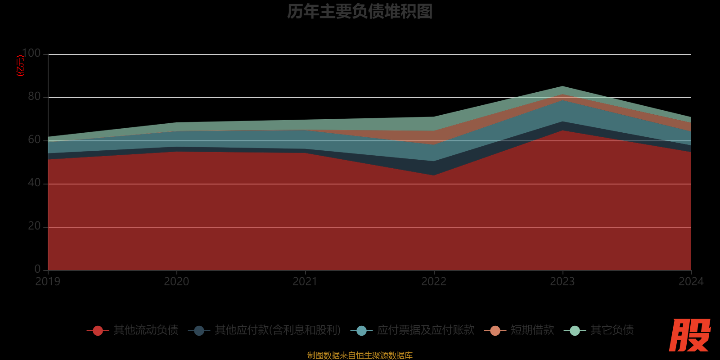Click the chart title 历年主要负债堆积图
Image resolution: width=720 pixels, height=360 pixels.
[x=360, y=12]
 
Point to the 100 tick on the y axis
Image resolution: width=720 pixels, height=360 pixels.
[x=31, y=54]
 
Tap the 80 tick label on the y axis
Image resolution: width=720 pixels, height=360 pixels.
[x=34, y=97]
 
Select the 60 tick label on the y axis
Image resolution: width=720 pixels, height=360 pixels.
[x=34, y=140]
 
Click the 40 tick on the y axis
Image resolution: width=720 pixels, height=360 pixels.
[x=34, y=183]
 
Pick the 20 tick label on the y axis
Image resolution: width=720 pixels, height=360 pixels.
[x=34, y=226]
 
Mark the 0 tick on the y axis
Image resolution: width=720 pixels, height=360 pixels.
[x=37, y=269]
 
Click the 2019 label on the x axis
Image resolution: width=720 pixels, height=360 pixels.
[x=48, y=282]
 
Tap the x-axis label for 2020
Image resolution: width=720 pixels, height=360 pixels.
[x=176, y=282]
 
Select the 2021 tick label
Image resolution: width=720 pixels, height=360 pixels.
[x=305, y=282]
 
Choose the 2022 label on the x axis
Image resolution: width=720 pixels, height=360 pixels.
[x=434, y=282]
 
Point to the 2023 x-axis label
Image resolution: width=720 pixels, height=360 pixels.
[x=562, y=282]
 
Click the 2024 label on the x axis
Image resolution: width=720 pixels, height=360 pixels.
[x=691, y=282]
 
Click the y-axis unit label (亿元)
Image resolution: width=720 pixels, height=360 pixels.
[x=20, y=66]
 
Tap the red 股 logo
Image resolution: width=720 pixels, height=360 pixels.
[x=689, y=335]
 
